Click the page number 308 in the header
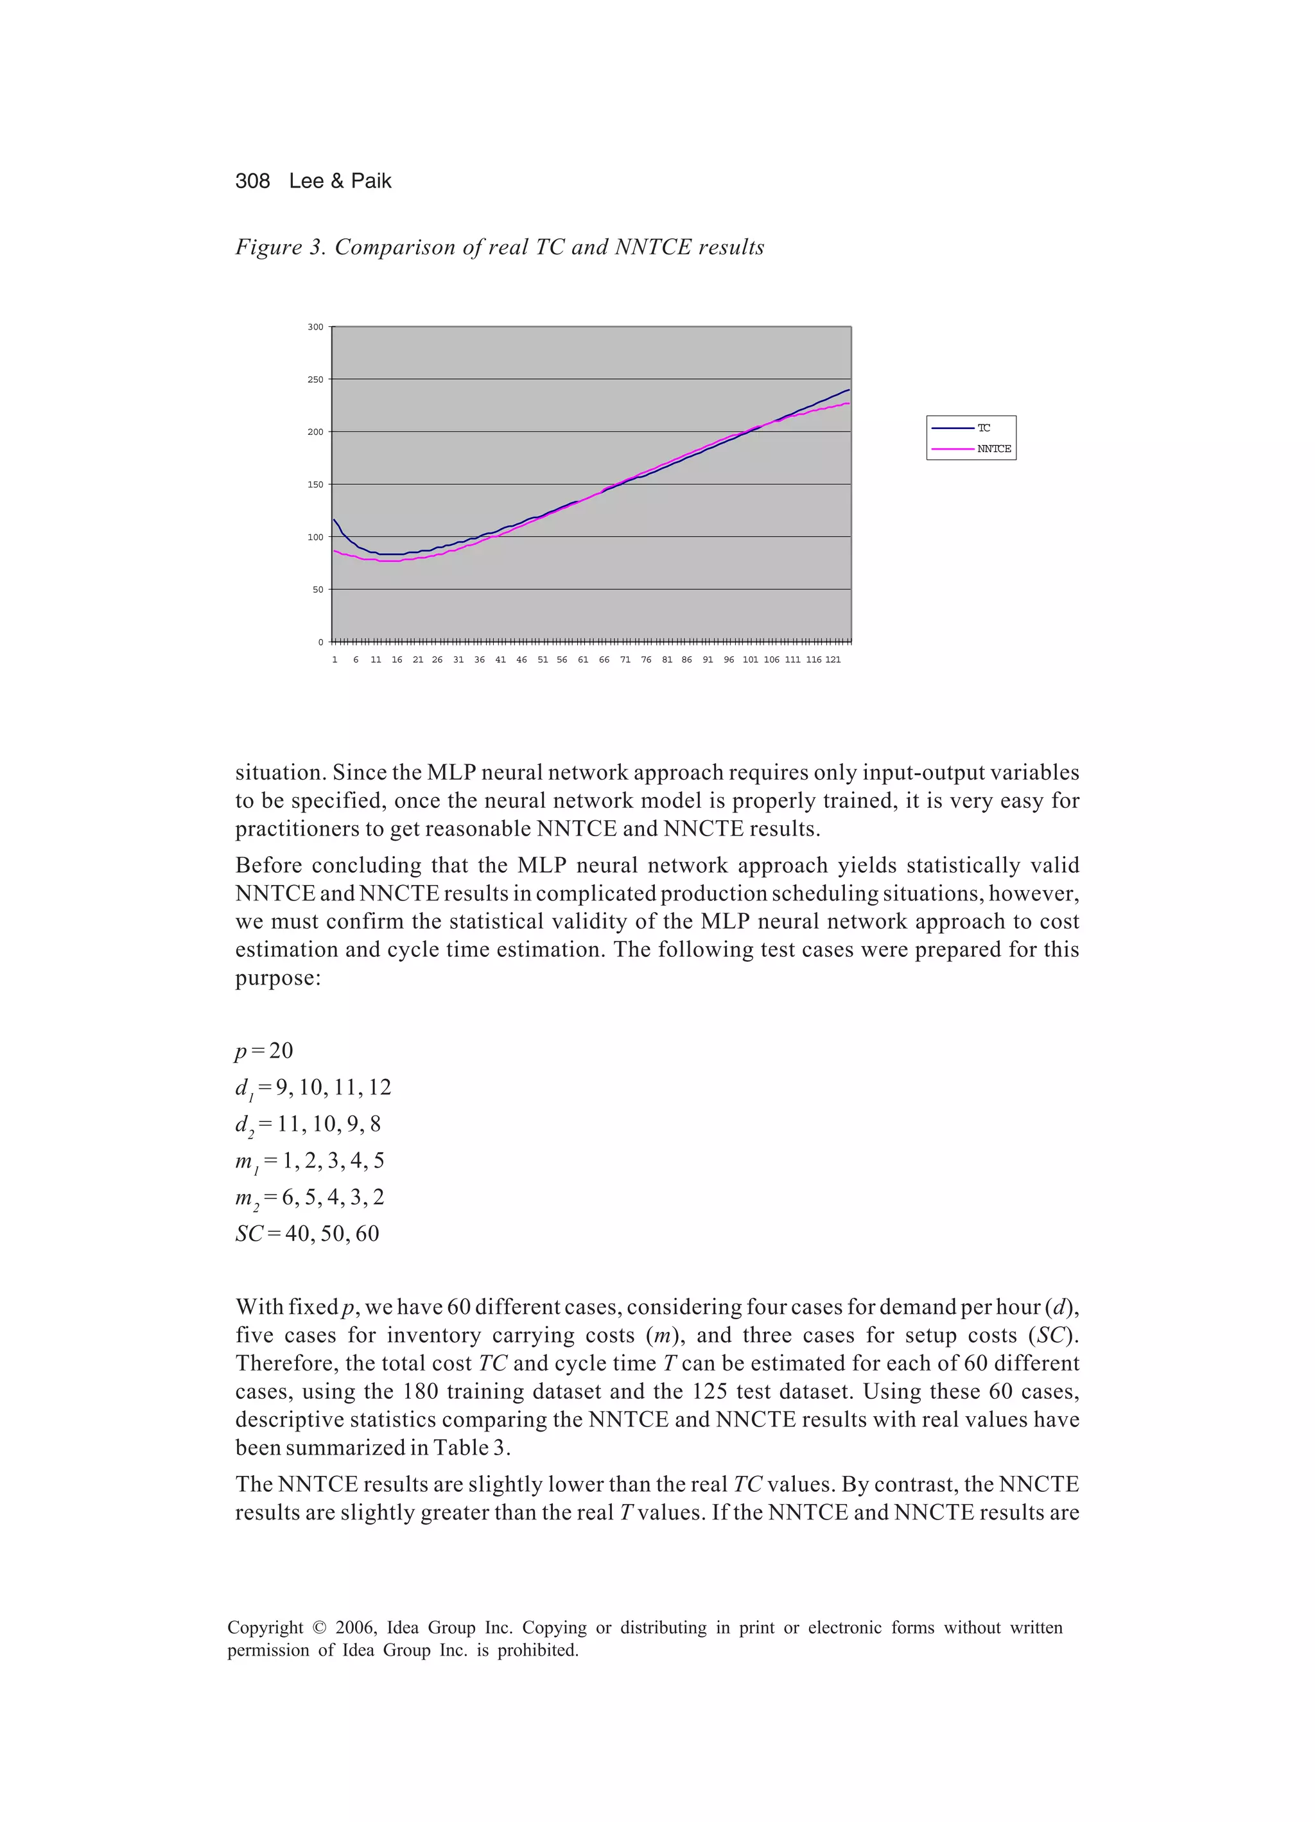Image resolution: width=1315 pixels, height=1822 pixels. pyautogui.click(x=252, y=180)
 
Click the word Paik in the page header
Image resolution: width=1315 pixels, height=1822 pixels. pyautogui.click(x=371, y=180)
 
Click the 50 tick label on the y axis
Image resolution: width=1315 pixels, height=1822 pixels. pyautogui.click(x=317, y=590)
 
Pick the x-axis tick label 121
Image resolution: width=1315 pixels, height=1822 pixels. pyautogui.click(x=833, y=660)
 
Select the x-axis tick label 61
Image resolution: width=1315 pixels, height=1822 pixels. pyautogui.click(x=583, y=660)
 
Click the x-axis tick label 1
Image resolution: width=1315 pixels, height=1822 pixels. pyautogui.click(x=335, y=660)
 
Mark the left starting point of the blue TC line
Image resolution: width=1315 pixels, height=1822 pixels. pyautogui.click(x=334, y=520)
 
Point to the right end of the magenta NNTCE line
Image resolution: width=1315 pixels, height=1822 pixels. pyautogui.click(x=848, y=403)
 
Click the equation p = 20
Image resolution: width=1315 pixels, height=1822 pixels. pyautogui.click(x=265, y=1051)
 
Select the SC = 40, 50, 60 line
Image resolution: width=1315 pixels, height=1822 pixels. pyautogui.click(x=307, y=1234)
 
